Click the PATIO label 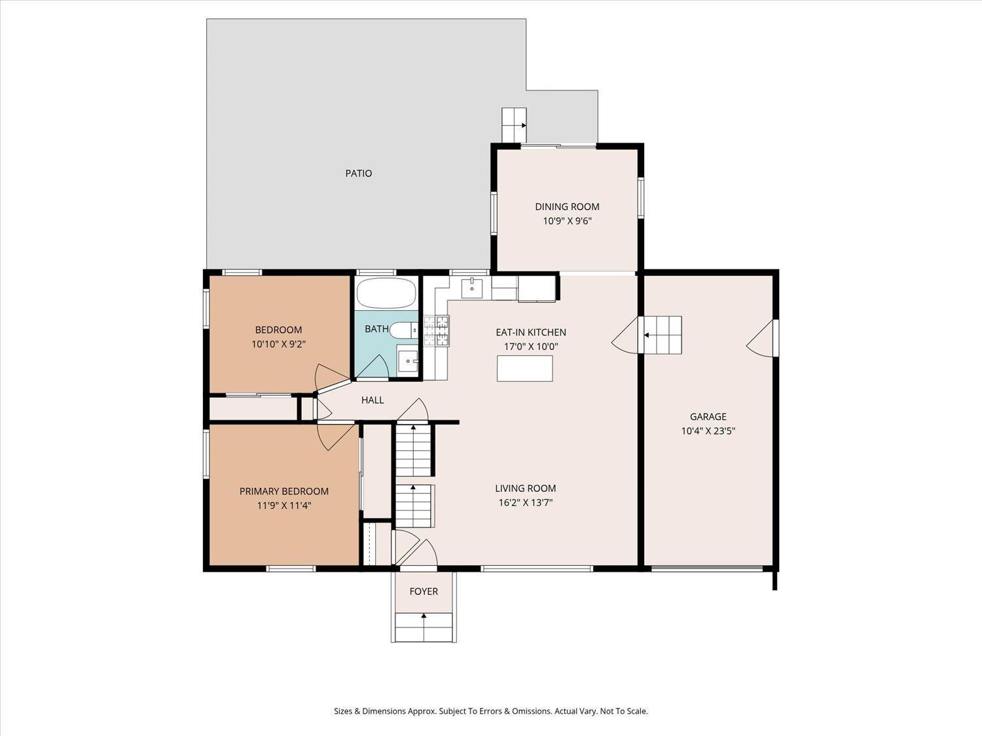coord(358,173)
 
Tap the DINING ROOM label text coord(567,207)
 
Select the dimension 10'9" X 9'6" coord(567,221)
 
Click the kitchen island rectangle coord(524,368)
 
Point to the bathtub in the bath coord(386,293)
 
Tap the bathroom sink coord(408,360)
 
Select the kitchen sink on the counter coord(471,287)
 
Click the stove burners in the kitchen coord(437,330)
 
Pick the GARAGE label coord(708,417)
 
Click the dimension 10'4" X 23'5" coord(708,431)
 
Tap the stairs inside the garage coord(661,335)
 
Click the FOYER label coord(424,591)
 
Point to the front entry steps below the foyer coord(424,628)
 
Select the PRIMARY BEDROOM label coord(283,491)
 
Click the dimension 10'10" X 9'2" coord(278,344)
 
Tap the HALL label coord(373,400)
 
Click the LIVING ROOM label coord(525,489)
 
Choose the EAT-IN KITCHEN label coord(530,332)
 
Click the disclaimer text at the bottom coord(490,711)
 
